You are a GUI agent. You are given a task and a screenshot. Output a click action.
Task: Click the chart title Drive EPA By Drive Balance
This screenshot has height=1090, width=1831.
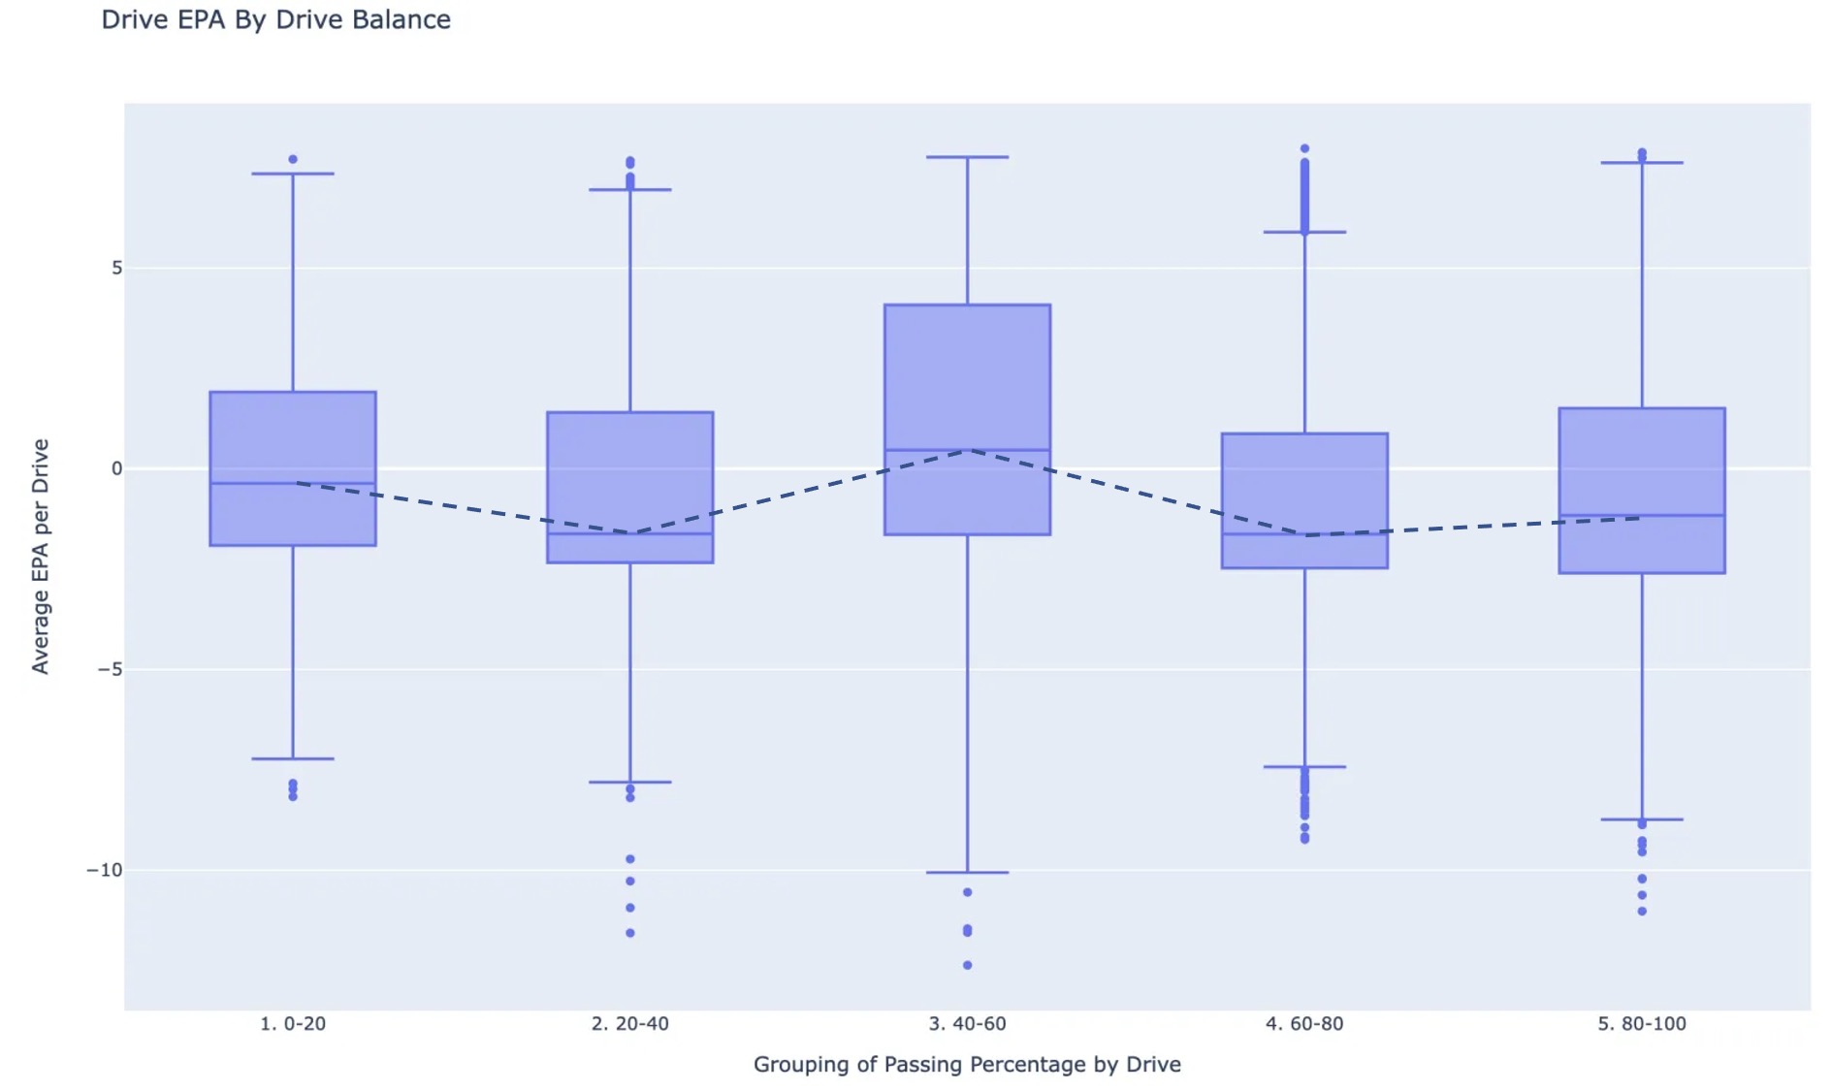point(275,19)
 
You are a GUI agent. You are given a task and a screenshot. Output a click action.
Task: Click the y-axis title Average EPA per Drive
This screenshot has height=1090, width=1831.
point(40,556)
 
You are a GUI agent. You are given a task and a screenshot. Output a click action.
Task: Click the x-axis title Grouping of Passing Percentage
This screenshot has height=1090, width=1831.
point(966,1064)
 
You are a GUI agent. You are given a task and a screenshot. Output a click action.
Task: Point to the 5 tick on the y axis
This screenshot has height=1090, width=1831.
point(116,268)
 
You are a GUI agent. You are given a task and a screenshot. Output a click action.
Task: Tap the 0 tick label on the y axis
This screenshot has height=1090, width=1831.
point(116,468)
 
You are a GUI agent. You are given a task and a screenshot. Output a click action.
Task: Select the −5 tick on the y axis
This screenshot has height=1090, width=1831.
point(110,669)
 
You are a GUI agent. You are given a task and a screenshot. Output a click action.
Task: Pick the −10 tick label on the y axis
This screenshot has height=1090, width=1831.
point(105,870)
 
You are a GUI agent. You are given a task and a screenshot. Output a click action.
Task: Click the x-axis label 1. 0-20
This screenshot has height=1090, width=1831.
point(293,1023)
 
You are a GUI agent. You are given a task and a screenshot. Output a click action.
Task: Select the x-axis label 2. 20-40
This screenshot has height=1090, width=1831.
point(629,1023)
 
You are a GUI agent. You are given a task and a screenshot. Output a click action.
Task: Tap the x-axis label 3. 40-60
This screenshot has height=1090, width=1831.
point(967,1023)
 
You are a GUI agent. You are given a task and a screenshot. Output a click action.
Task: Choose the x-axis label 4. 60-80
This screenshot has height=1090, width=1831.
point(1304,1023)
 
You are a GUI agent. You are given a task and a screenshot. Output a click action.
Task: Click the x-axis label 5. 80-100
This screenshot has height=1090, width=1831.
point(1641,1023)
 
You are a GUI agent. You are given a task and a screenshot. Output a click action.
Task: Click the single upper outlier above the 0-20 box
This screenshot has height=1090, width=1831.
point(293,159)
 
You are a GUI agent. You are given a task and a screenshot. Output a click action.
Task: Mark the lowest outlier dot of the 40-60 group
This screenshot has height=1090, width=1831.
point(967,965)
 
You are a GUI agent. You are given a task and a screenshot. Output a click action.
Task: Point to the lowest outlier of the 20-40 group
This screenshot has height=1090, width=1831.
point(630,933)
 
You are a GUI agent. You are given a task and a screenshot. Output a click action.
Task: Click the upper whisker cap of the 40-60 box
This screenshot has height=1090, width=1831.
point(967,157)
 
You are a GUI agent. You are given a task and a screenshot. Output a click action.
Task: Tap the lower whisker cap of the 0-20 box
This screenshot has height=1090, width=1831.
point(293,758)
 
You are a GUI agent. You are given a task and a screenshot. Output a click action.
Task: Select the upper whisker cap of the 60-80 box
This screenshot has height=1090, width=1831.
point(1304,232)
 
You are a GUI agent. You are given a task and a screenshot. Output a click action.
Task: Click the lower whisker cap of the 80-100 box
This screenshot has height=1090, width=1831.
point(1642,819)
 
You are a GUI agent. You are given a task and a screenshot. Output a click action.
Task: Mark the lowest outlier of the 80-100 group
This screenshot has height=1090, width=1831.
point(1642,912)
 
